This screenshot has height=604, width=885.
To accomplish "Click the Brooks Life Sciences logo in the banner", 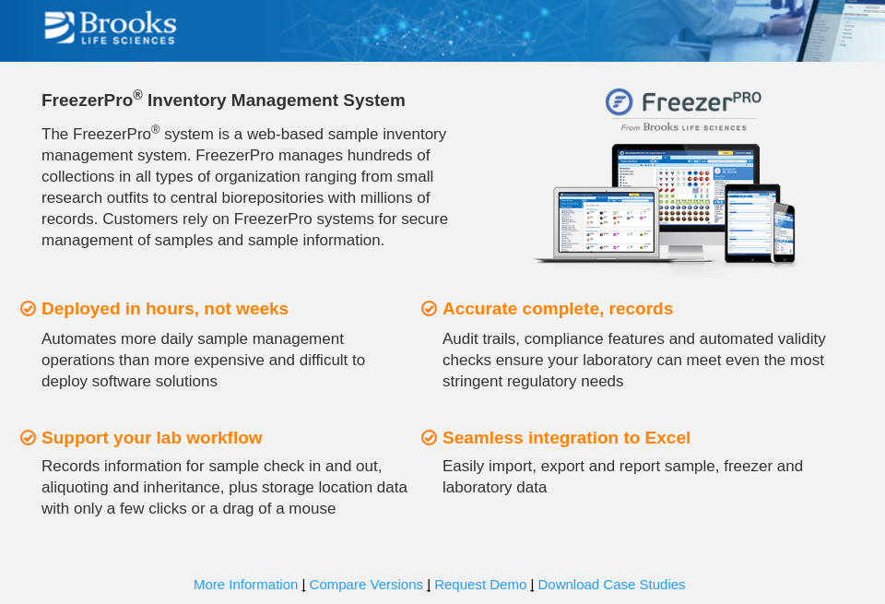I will [x=110, y=28].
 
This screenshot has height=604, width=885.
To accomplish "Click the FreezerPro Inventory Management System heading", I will [x=223, y=100].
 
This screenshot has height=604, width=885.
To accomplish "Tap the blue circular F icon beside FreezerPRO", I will [x=619, y=101].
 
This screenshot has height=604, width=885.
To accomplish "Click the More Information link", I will [x=245, y=584].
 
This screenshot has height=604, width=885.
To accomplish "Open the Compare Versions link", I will [x=366, y=584].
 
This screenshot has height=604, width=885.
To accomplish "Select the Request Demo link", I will [x=480, y=584].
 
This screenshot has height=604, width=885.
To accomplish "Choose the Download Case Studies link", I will [x=611, y=584].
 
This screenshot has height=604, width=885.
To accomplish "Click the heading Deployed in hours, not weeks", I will [x=165, y=309].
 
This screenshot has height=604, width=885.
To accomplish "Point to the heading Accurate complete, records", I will [x=558, y=309].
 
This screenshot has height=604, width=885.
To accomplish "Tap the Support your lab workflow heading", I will [x=152, y=438].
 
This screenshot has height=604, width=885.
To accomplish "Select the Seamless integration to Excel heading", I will [x=566, y=438].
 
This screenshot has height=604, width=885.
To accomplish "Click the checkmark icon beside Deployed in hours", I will [x=28, y=308].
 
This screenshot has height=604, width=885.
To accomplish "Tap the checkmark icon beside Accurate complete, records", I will [x=429, y=308].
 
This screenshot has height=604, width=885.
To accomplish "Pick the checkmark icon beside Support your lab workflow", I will [x=28, y=437].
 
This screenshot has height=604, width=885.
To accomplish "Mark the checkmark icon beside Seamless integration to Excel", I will [x=429, y=437].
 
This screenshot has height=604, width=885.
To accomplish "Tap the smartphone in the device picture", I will [x=783, y=233].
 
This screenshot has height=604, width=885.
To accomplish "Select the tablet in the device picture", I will [x=750, y=221].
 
